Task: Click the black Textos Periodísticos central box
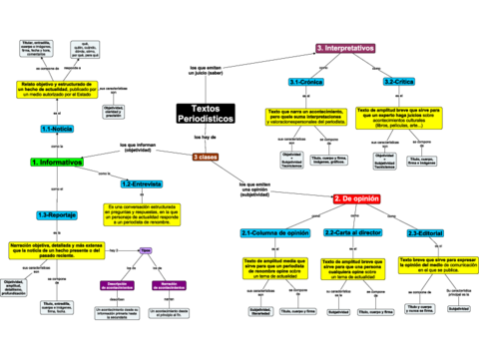[x=206, y=114]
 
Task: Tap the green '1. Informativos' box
[x=57, y=162]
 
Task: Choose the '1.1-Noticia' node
[x=56, y=129]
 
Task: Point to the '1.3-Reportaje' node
[x=57, y=214]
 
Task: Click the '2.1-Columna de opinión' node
[x=274, y=232]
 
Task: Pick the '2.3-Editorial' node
[x=426, y=232]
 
